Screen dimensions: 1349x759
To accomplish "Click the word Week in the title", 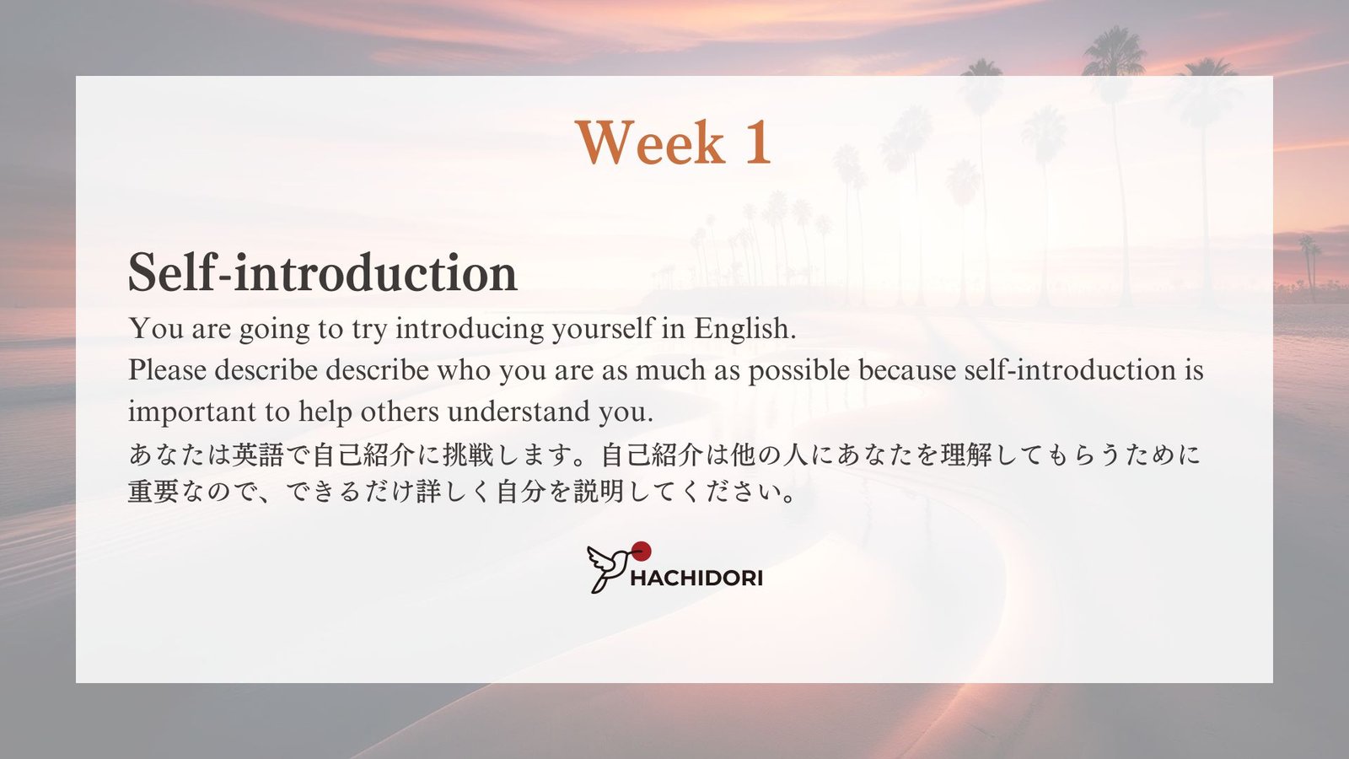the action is click(x=650, y=143).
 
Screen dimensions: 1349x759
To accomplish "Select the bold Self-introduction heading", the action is click(x=323, y=272).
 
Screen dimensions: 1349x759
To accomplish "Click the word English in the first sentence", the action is click(x=744, y=329).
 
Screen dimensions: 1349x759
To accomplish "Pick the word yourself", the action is click(x=602, y=329).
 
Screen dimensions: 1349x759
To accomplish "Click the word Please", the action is click(x=168, y=370).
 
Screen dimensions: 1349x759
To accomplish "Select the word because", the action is click(x=907, y=370).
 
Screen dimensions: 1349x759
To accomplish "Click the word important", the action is click(x=192, y=412).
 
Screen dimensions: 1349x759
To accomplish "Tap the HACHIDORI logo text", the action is click(x=696, y=579).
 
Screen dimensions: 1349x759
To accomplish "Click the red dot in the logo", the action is click(x=642, y=551).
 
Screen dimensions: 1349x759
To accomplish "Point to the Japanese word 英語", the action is click(x=258, y=455).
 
